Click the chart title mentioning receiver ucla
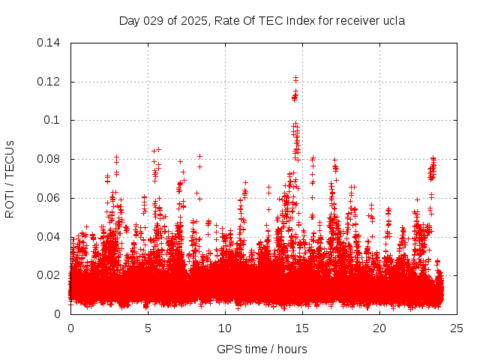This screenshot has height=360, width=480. click(x=262, y=21)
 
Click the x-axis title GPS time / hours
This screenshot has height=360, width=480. click(x=262, y=349)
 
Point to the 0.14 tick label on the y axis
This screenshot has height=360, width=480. click(x=49, y=43)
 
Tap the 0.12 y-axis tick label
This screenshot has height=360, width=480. click(x=49, y=82)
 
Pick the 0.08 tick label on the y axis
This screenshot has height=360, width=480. click(x=49, y=159)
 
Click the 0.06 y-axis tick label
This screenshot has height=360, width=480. click(x=49, y=198)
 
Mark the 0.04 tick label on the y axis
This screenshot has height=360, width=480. click(x=49, y=237)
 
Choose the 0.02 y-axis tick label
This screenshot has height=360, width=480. click(x=49, y=275)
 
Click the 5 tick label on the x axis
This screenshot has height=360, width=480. click(x=148, y=328)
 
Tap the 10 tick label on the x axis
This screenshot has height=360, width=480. click(x=225, y=328)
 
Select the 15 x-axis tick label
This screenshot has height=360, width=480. click(x=302, y=328)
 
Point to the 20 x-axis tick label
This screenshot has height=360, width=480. click(x=379, y=328)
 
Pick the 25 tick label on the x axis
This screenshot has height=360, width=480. click(x=457, y=328)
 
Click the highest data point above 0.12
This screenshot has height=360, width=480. click(x=296, y=76)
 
